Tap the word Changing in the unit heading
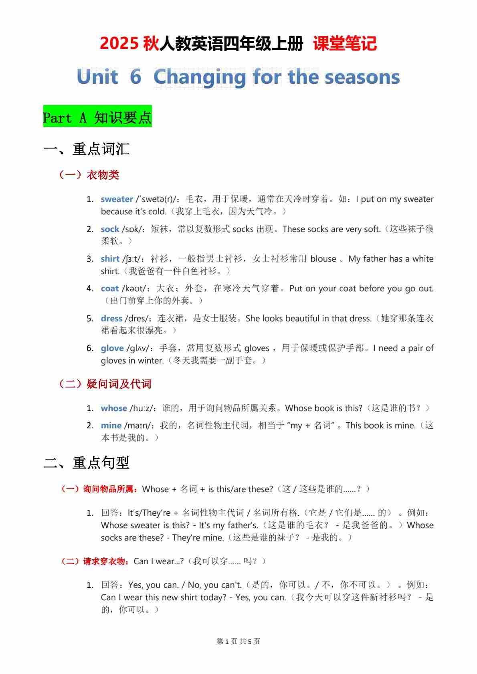click(x=199, y=77)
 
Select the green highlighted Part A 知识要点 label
click(x=97, y=117)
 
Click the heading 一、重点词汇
click(x=87, y=149)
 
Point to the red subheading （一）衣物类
click(x=89, y=175)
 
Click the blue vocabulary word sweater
click(x=117, y=199)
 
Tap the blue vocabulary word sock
click(x=110, y=229)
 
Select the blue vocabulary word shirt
click(x=110, y=259)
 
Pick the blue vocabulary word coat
click(x=109, y=289)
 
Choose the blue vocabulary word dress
click(x=111, y=319)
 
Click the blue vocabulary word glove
click(x=112, y=348)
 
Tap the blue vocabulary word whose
click(x=114, y=408)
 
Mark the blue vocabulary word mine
click(x=111, y=426)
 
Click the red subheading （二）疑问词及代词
click(x=105, y=384)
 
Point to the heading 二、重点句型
click(x=87, y=463)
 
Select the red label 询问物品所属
click(x=110, y=489)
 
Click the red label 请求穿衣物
click(x=106, y=561)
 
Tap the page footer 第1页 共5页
click(x=238, y=642)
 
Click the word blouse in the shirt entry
click(x=323, y=259)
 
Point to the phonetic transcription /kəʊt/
click(x=136, y=289)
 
